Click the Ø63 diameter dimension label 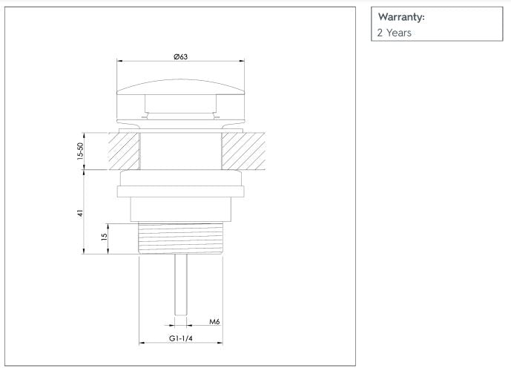[x=180, y=57]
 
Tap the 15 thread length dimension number [x=105, y=237]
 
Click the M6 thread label [x=214, y=322]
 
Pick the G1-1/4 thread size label [x=181, y=338]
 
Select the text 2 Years [x=395, y=33]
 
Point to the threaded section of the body [x=180, y=238]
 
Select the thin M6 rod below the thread [x=180, y=286]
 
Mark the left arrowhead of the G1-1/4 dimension [x=141, y=344]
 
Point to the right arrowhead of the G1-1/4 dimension [x=220, y=344]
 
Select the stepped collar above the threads [x=180, y=210]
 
